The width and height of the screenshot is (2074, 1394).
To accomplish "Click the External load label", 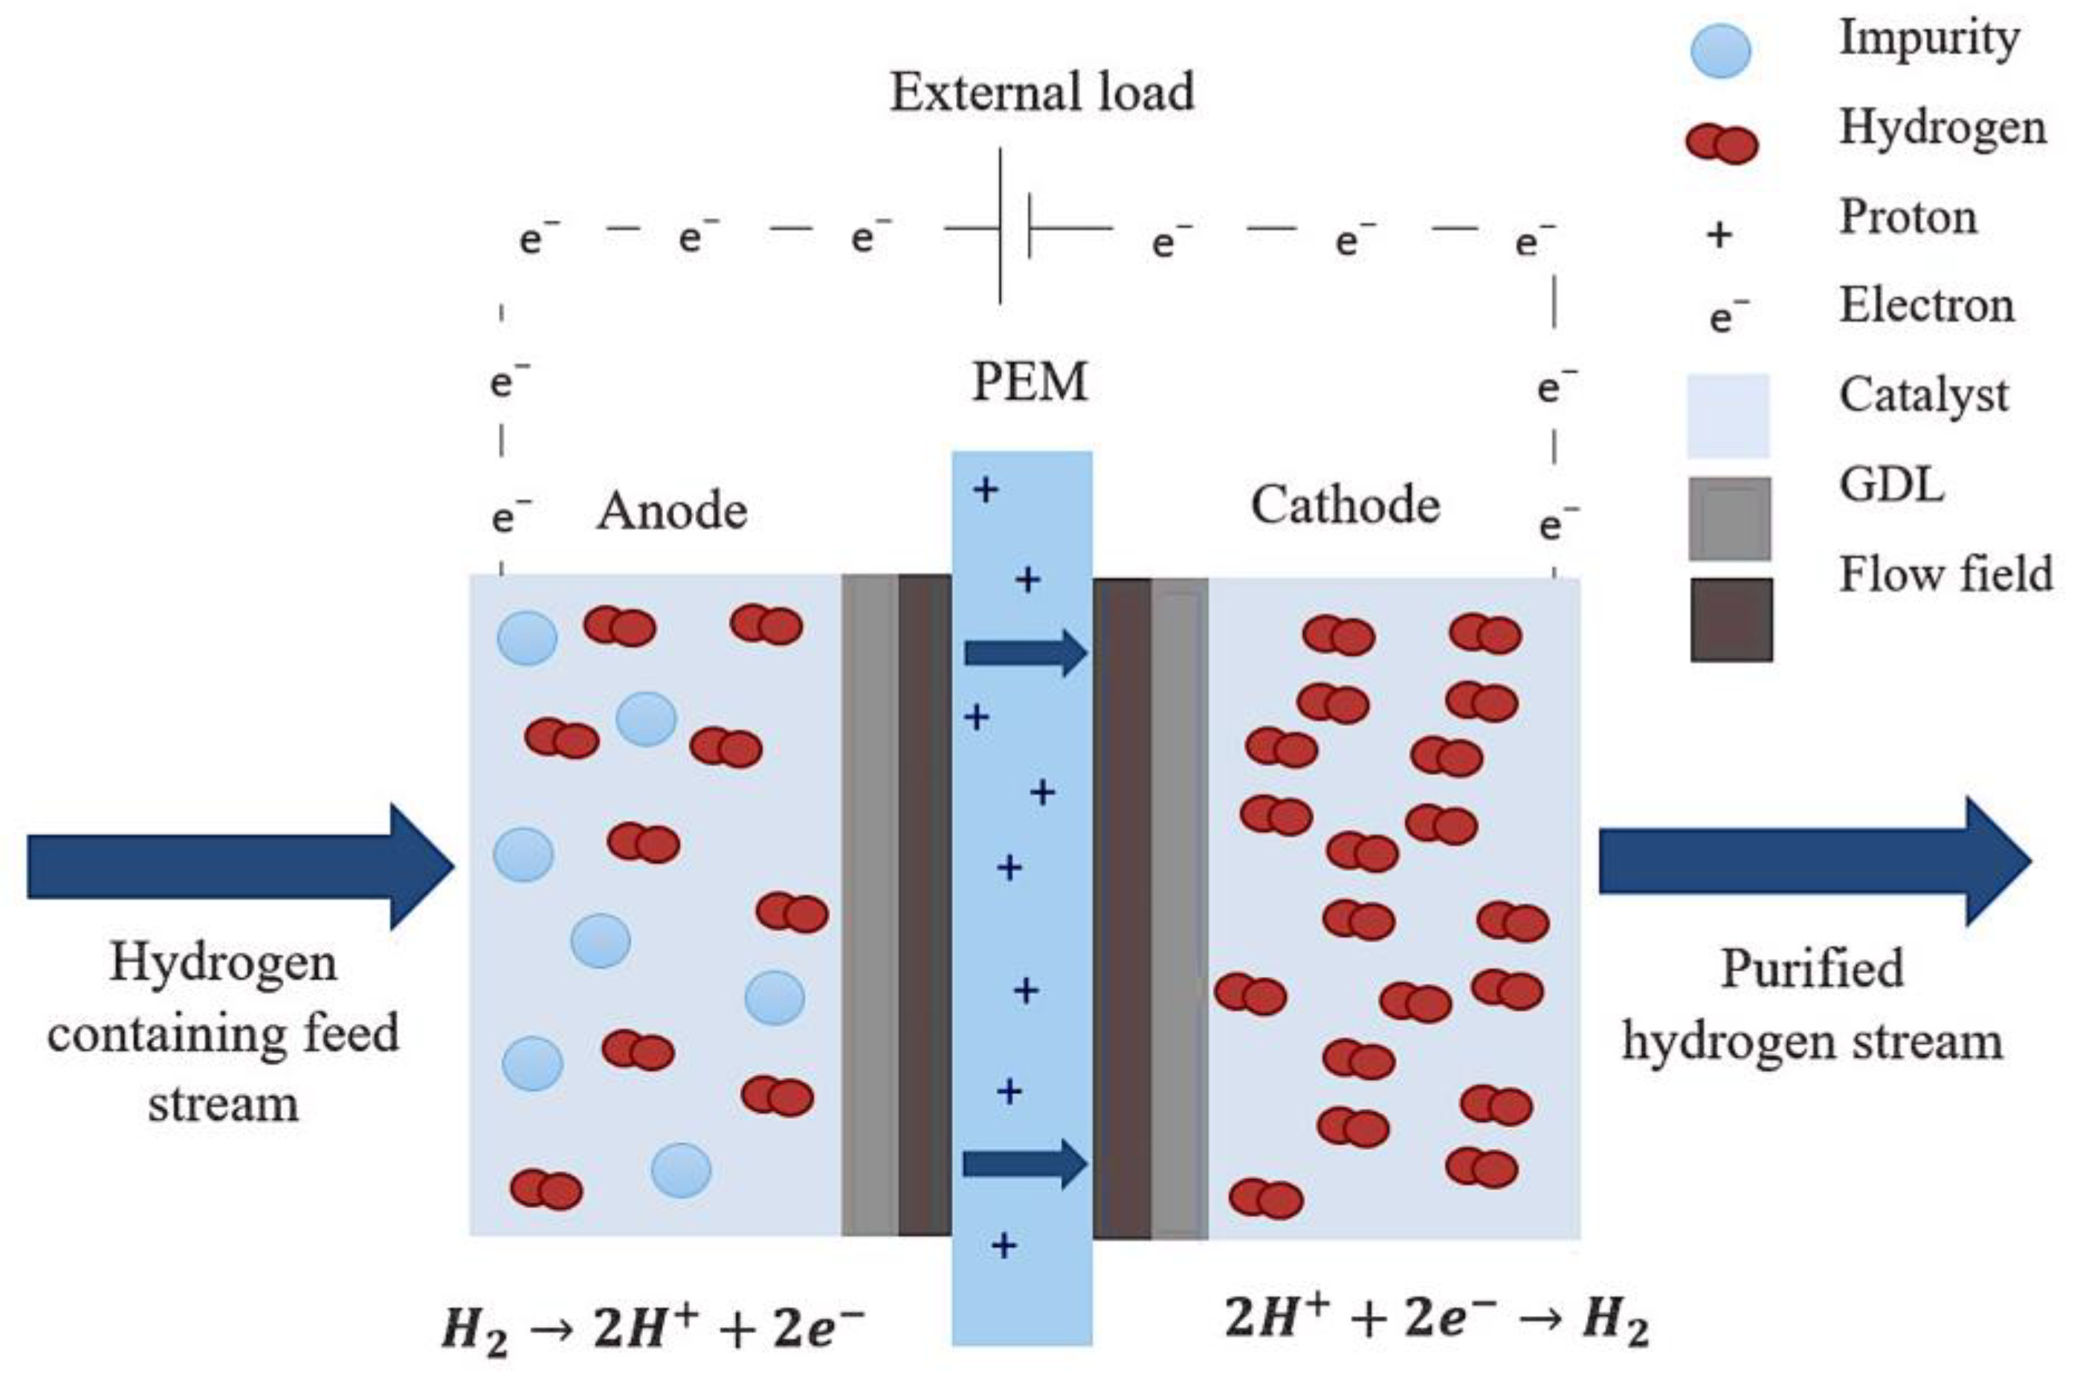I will (x=1042, y=92).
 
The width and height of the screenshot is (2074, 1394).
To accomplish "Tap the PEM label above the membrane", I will (x=1030, y=382).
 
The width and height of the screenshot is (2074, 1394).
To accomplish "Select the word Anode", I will (x=671, y=512).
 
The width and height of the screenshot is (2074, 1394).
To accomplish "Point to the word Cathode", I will (x=1345, y=505).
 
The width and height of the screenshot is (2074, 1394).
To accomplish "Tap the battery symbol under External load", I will (x=1013, y=228).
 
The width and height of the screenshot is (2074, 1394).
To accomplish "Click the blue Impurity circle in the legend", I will (x=1720, y=50).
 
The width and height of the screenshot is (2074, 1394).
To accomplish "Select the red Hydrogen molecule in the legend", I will (x=1721, y=144).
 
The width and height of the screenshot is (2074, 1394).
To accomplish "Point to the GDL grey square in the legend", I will (x=1729, y=519).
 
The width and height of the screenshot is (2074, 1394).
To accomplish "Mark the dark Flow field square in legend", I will (x=1731, y=619).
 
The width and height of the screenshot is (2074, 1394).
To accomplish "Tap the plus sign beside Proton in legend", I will (x=1719, y=235).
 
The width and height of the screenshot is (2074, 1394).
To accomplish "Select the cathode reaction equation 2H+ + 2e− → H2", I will (x=1435, y=1318).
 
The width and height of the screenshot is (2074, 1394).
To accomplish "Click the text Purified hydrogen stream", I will (x=1812, y=1004).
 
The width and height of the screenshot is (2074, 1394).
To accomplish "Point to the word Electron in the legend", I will (x=1926, y=306).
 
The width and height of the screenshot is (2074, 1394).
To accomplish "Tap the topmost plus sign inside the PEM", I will (x=985, y=489).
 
